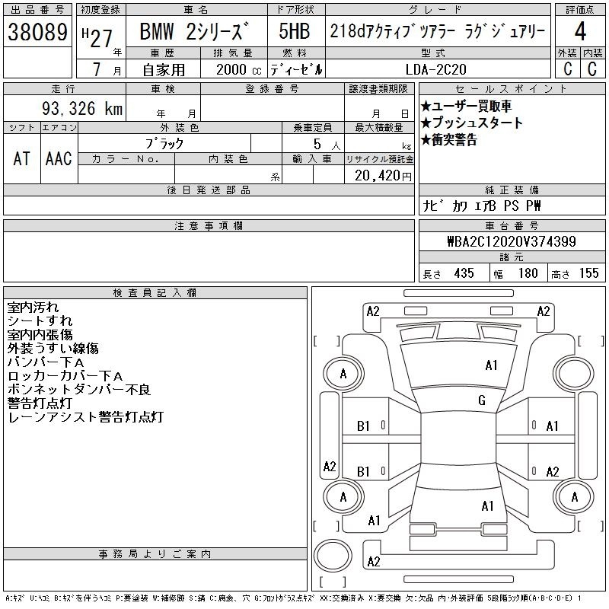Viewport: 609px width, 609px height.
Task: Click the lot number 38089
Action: click(37, 32)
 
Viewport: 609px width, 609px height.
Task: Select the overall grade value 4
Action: click(580, 31)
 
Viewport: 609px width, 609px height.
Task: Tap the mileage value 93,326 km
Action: click(82, 108)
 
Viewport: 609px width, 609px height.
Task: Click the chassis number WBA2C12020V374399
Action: click(512, 241)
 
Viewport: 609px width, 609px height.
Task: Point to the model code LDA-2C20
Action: click(435, 69)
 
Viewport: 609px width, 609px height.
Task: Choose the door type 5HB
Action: click(295, 31)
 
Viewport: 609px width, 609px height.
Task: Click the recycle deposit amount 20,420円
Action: click(383, 176)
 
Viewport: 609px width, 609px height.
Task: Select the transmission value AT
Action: click(22, 158)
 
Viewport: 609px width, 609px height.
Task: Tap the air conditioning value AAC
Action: click(59, 158)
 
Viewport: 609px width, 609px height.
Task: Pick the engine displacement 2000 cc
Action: click(239, 69)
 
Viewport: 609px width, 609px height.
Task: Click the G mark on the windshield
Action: click(482, 400)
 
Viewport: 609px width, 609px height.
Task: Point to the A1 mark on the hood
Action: click(491, 365)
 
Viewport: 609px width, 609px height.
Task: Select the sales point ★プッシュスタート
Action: click(471, 123)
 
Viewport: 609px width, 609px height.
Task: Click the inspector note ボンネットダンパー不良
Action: click(79, 389)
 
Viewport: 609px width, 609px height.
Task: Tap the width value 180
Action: click(528, 273)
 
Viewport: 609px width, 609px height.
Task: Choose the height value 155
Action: click(588, 273)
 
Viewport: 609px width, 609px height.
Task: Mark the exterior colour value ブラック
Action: click(164, 144)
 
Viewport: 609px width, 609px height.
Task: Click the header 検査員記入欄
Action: click(155, 292)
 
